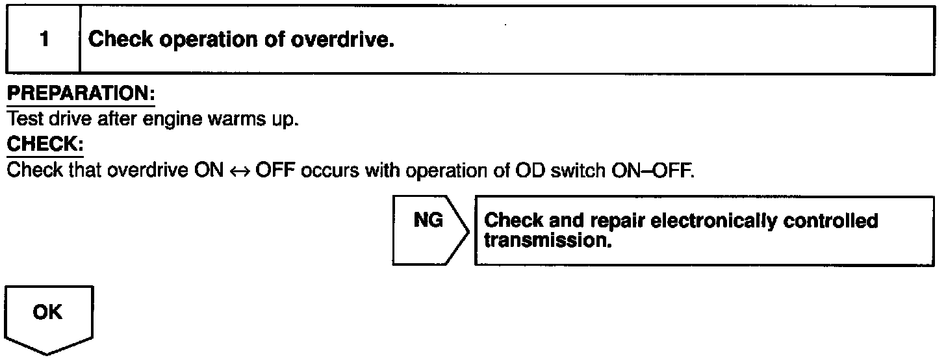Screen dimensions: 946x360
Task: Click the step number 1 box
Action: [43, 40]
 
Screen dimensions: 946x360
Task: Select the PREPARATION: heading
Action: [81, 94]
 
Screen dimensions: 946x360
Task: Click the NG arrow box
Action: [429, 230]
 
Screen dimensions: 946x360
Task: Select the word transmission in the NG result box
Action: [549, 241]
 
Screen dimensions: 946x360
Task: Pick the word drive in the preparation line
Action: [62, 120]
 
